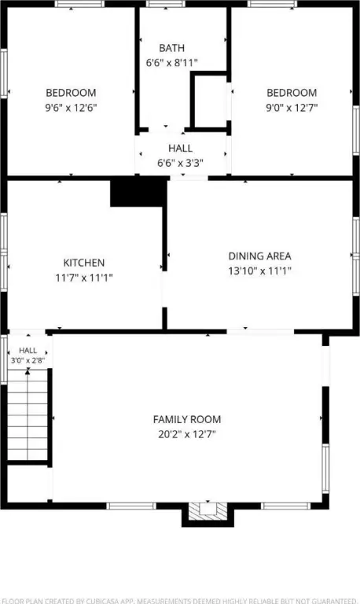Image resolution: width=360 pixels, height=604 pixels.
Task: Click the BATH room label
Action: [x=171, y=48]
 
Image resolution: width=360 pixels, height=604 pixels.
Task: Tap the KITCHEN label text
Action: [x=84, y=263]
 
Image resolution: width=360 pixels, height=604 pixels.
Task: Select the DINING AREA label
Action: [x=260, y=256]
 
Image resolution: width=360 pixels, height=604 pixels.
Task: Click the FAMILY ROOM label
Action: [x=187, y=419]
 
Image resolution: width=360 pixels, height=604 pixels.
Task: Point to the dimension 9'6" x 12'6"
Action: [x=71, y=108]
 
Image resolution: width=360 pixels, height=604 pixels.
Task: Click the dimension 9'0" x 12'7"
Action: [x=292, y=108]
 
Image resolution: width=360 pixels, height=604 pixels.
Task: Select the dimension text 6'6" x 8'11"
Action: [x=171, y=63]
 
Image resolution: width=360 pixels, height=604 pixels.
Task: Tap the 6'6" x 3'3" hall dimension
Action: [x=180, y=163]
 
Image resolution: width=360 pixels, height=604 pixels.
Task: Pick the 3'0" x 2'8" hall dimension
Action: [x=28, y=361]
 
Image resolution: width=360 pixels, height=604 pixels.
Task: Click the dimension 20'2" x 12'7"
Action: [x=187, y=434]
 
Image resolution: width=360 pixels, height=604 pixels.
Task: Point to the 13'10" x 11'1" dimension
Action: [x=260, y=271]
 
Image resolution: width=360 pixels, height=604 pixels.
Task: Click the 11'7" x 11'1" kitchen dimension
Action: [x=84, y=278]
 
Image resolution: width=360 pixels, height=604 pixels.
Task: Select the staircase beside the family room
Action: [x=28, y=414]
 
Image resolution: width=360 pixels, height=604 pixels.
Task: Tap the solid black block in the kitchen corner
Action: [x=138, y=193]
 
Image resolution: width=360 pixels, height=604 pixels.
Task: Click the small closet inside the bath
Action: [x=211, y=101]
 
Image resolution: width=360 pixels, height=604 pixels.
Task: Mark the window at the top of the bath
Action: [x=166, y=4]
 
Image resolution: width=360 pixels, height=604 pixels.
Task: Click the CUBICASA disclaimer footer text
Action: [x=180, y=601]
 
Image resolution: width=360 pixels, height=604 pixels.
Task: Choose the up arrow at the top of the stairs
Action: [x=28, y=371]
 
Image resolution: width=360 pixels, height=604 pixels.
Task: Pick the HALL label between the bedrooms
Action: [x=180, y=149]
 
